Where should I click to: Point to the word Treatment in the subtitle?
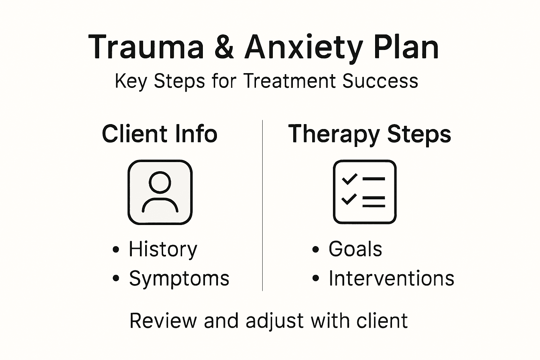[289, 81]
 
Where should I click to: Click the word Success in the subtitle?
[380, 81]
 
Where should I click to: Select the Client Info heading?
[160, 134]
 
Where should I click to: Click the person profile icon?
[160, 192]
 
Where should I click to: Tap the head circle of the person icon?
[160, 182]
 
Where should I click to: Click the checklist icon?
[365, 192]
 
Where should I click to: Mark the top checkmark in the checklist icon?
[349, 179]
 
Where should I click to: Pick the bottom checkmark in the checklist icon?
[349, 199]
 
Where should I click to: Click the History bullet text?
[163, 250]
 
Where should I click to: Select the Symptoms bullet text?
[179, 279]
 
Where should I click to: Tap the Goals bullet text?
[355, 249]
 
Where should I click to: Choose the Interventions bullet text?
[391, 278]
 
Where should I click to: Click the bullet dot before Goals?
[316, 250]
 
